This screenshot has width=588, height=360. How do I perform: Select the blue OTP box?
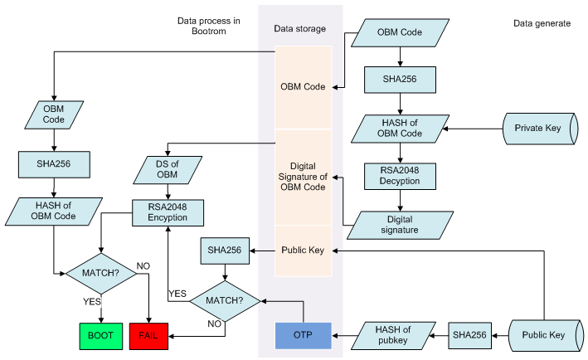(303, 335)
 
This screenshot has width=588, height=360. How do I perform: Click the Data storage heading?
(299, 29)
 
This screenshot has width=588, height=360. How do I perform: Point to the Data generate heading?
(542, 23)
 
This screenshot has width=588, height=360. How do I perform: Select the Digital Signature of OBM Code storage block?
(303, 176)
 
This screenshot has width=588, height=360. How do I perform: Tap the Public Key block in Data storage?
(303, 249)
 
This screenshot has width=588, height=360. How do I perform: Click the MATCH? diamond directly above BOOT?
(101, 271)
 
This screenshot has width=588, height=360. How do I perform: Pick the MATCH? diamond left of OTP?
(225, 297)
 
